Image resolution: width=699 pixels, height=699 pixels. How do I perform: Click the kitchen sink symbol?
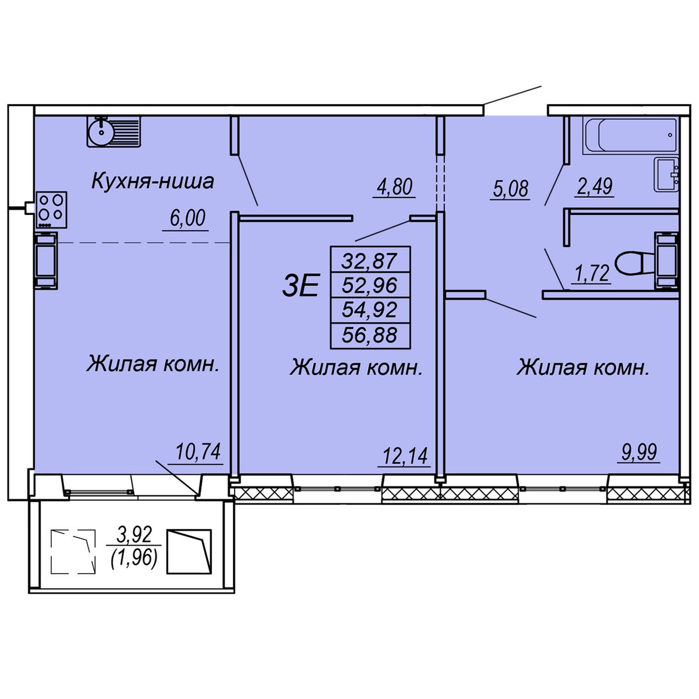tap(114, 131)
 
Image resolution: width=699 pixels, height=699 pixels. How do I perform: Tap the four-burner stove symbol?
tap(51, 210)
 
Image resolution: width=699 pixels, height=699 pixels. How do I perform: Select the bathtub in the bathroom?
tap(630, 135)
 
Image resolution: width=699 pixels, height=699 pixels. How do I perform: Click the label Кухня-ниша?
tap(153, 181)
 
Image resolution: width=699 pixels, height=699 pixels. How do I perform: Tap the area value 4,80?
tap(395, 187)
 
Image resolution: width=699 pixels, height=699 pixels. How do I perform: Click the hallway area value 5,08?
tap(511, 189)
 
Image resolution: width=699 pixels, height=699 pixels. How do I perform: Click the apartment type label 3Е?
tap(301, 285)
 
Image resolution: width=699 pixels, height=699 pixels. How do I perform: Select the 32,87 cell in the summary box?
tap(370, 261)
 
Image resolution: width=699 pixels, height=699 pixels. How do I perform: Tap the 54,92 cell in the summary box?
tap(370, 310)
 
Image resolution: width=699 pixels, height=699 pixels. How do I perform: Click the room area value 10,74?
tap(198, 451)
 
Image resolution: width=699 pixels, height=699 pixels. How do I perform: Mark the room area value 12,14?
tap(405, 456)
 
